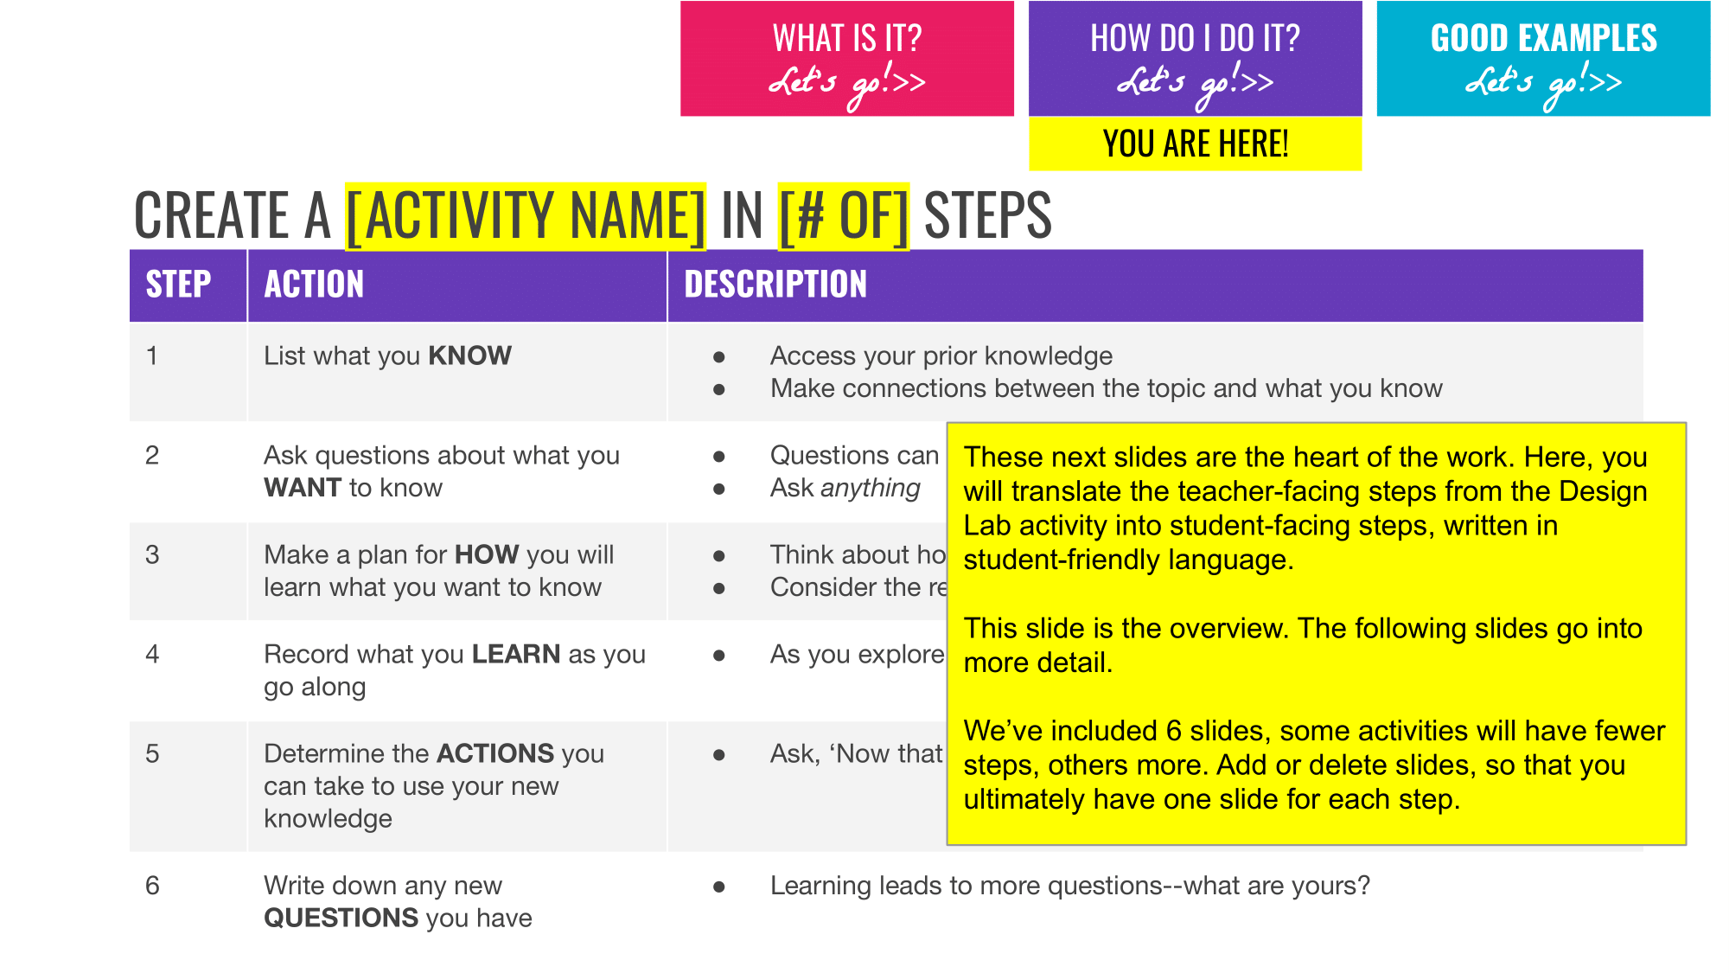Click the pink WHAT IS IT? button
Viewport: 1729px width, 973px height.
pos(846,59)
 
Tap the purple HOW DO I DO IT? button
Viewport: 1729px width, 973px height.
pos(1195,59)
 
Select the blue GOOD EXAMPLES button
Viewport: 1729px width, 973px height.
pos(1543,59)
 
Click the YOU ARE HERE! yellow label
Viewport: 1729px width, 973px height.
pos(1195,144)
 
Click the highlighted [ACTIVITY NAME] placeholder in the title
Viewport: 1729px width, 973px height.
pos(526,216)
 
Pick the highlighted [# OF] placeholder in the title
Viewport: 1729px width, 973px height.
pos(843,216)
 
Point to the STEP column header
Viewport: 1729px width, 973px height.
pos(178,285)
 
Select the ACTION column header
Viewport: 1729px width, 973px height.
pos(314,285)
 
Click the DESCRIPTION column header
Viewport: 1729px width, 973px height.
pos(775,285)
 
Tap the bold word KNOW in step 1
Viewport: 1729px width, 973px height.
pos(470,355)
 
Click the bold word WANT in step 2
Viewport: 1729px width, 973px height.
pos(303,488)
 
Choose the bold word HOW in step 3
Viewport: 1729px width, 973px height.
pos(487,554)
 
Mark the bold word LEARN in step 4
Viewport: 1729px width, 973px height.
pos(516,654)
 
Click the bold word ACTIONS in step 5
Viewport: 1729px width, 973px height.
pos(495,753)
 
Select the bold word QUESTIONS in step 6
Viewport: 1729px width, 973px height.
pos(341,918)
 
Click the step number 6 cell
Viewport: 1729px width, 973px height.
pos(153,886)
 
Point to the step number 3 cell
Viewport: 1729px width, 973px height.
pos(153,554)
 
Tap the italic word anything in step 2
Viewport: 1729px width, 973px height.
pos(871,488)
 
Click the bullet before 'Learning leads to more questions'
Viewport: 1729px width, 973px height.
pos(718,887)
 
